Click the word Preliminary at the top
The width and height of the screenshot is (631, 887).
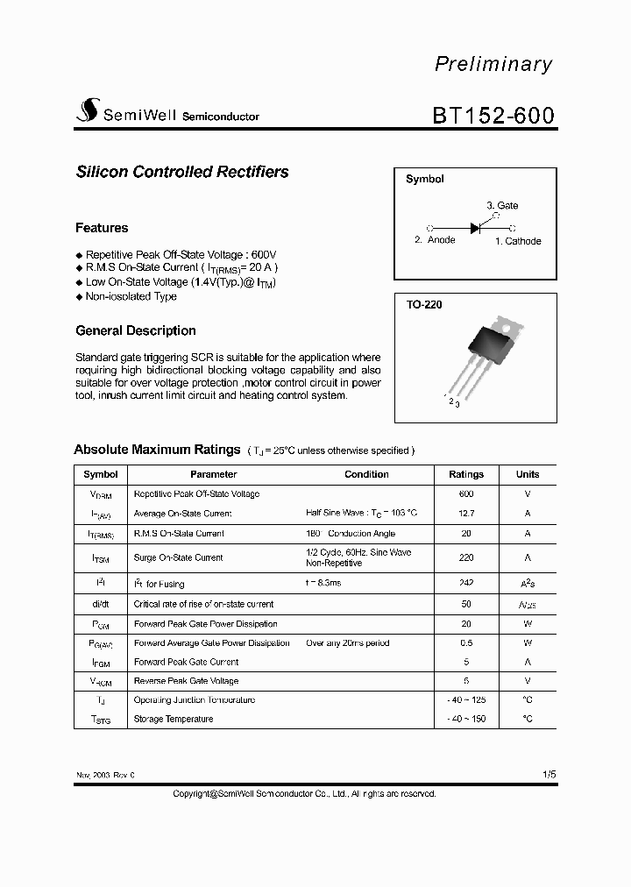point(493,64)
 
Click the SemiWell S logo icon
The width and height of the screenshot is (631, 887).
point(89,110)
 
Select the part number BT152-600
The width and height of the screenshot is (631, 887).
point(493,115)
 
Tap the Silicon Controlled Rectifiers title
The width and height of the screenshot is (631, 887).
point(182,173)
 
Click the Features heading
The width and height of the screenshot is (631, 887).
point(102,228)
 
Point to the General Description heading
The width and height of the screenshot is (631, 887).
point(136,330)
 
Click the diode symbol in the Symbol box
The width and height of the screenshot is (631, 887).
point(476,228)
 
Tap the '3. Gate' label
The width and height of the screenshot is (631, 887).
point(502,206)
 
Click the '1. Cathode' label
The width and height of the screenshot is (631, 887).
point(518,241)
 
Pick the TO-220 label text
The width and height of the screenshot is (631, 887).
point(424,305)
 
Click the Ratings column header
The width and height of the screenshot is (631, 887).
point(466,474)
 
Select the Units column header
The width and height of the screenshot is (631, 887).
point(528,474)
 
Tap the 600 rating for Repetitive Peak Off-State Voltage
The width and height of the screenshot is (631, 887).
point(466,494)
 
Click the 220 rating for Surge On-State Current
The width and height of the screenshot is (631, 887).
point(466,557)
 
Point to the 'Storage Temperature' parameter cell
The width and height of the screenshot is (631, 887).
point(174,719)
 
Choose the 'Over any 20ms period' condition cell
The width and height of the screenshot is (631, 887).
point(348,643)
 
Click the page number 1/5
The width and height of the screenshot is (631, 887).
point(549,775)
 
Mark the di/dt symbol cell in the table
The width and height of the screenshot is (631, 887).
point(101,604)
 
